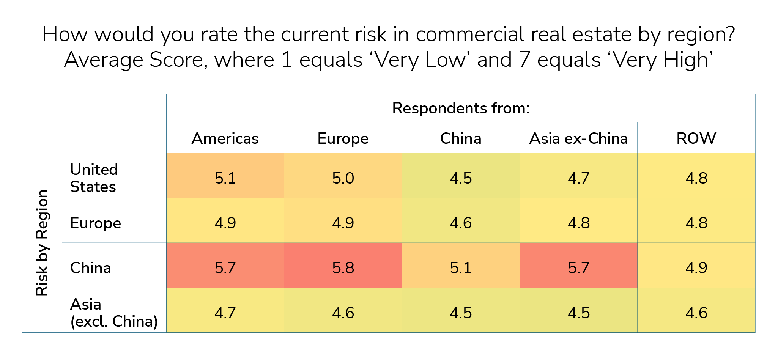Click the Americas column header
(225, 138)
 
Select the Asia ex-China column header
(578, 138)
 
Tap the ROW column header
(696, 138)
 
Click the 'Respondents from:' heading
(461, 108)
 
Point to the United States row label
(94, 178)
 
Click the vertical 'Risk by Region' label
(42, 243)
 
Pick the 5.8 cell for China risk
(343, 268)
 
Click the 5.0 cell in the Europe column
(343, 178)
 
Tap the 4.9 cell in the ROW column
(696, 268)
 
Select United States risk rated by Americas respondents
(225, 178)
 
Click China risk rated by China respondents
(461, 268)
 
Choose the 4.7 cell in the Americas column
(225, 313)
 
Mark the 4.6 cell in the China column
(461, 223)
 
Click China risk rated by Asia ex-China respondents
(578, 268)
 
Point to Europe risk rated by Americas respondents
(225, 223)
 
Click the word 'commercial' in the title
(470, 35)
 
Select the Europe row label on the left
(96, 223)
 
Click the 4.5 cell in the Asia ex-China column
(578, 313)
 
